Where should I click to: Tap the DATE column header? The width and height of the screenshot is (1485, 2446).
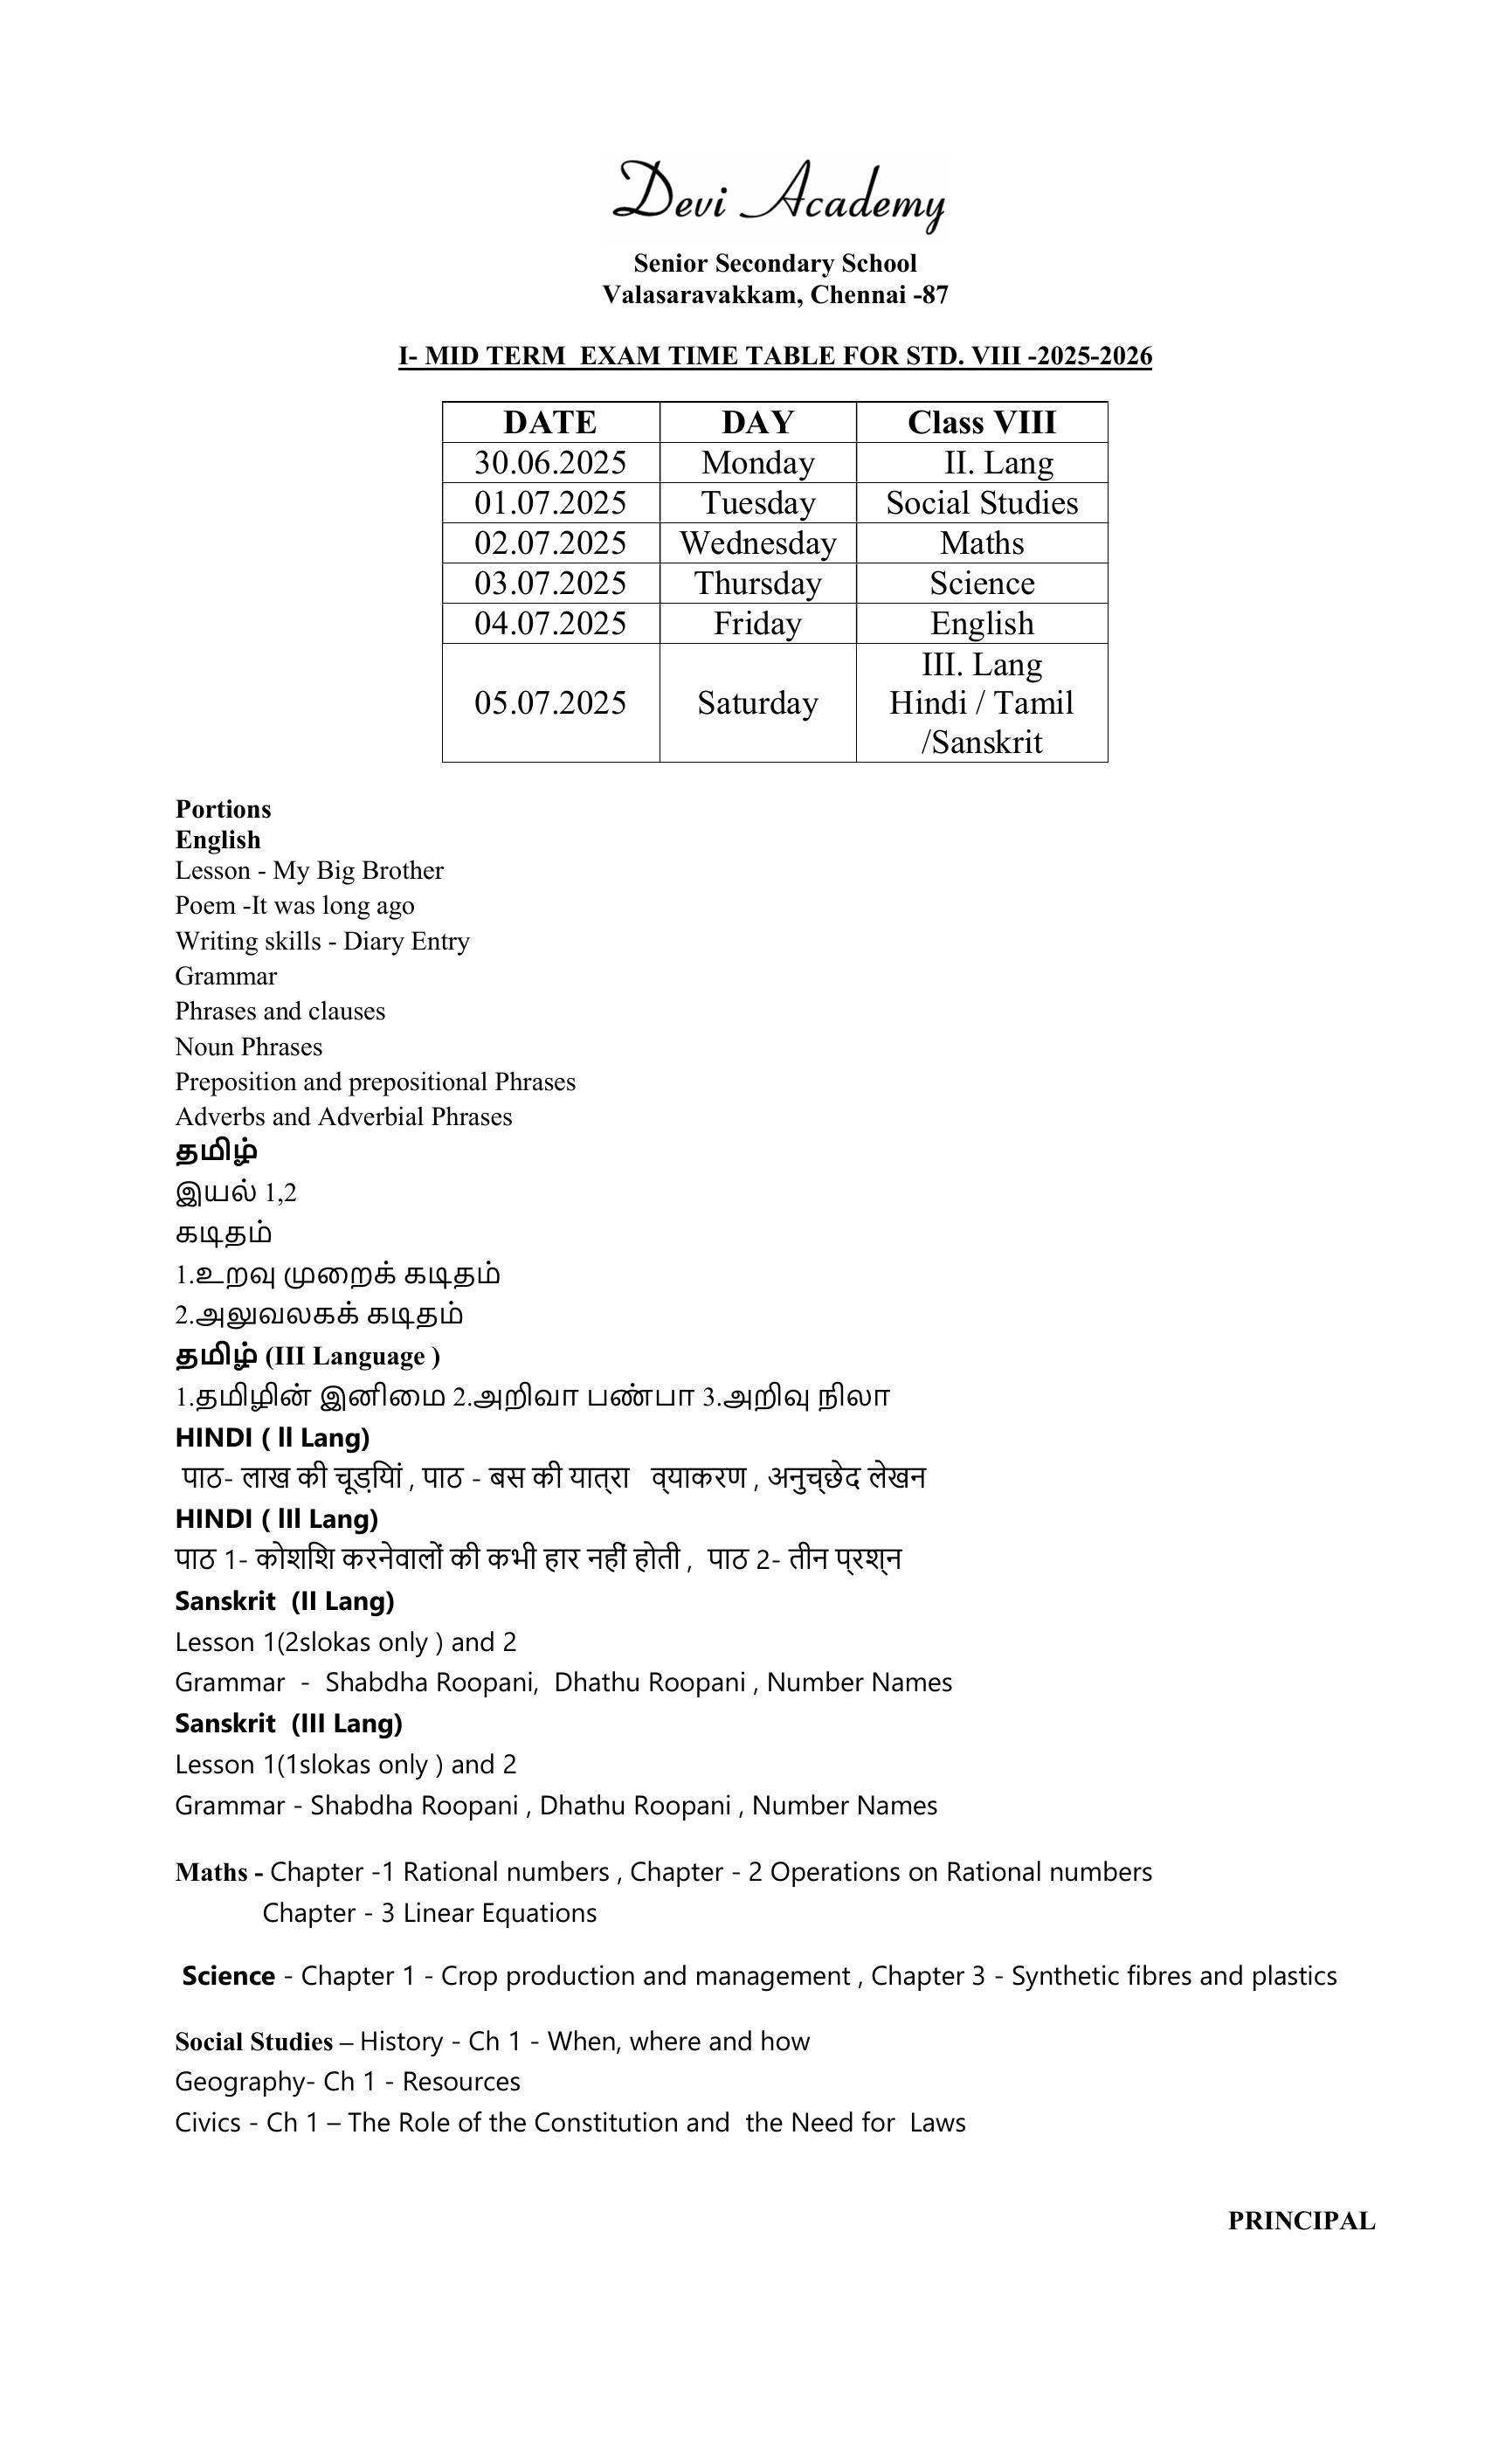(x=550, y=422)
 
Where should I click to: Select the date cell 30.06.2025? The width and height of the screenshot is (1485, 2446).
(x=550, y=463)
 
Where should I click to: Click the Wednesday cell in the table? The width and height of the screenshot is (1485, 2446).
(x=757, y=543)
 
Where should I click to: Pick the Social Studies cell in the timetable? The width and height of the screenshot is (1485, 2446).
(x=981, y=502)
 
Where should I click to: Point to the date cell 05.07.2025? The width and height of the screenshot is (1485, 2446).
(x=550, y=703)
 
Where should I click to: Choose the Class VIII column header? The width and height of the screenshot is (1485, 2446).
(x=981, y=422)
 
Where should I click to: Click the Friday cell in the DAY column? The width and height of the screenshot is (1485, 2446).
(x=757, y=624)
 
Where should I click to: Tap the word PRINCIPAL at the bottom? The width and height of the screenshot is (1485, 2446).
(x=1301, y=2221)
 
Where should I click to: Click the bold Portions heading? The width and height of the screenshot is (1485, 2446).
(x=223, y=809)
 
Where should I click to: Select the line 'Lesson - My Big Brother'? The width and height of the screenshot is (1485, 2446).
(x=308, y=871)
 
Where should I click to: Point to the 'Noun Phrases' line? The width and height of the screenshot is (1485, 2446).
(x=248, y=1047)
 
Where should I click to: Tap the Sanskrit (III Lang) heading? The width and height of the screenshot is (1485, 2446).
(x=288, y=1724)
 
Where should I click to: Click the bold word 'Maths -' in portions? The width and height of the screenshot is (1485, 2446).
(x=218, y=1872)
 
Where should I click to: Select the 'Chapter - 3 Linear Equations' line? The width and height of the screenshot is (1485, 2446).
(x=429, y=1913)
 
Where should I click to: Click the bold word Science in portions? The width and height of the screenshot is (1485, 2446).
(x=228, y=1975)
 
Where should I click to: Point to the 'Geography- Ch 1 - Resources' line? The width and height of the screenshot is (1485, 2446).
(x=348, y=2081)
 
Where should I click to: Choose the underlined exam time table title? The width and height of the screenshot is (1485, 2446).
(x=774, y=356)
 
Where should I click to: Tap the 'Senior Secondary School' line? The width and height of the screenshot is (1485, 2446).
(x=774, y=263)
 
